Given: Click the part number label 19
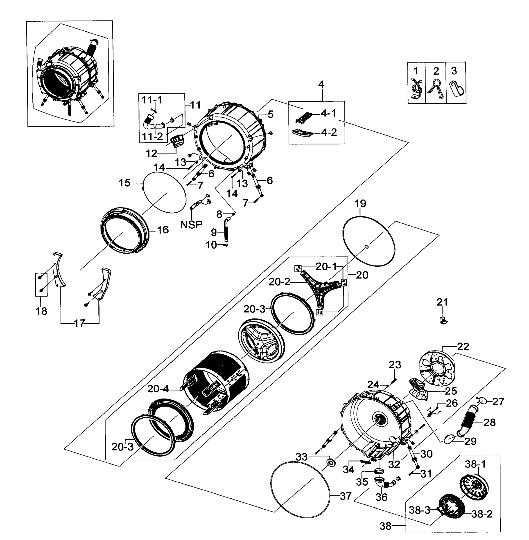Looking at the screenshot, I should [360, 203].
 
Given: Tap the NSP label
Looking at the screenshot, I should [191, 224].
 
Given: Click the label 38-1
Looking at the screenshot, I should [472, 464].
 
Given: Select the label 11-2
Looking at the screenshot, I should [152, 136].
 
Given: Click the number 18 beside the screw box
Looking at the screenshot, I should [41, 311].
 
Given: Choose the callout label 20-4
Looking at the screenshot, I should [158, 389].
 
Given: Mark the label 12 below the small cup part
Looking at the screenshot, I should [152, 153].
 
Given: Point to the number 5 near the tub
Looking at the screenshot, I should [270, 114].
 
